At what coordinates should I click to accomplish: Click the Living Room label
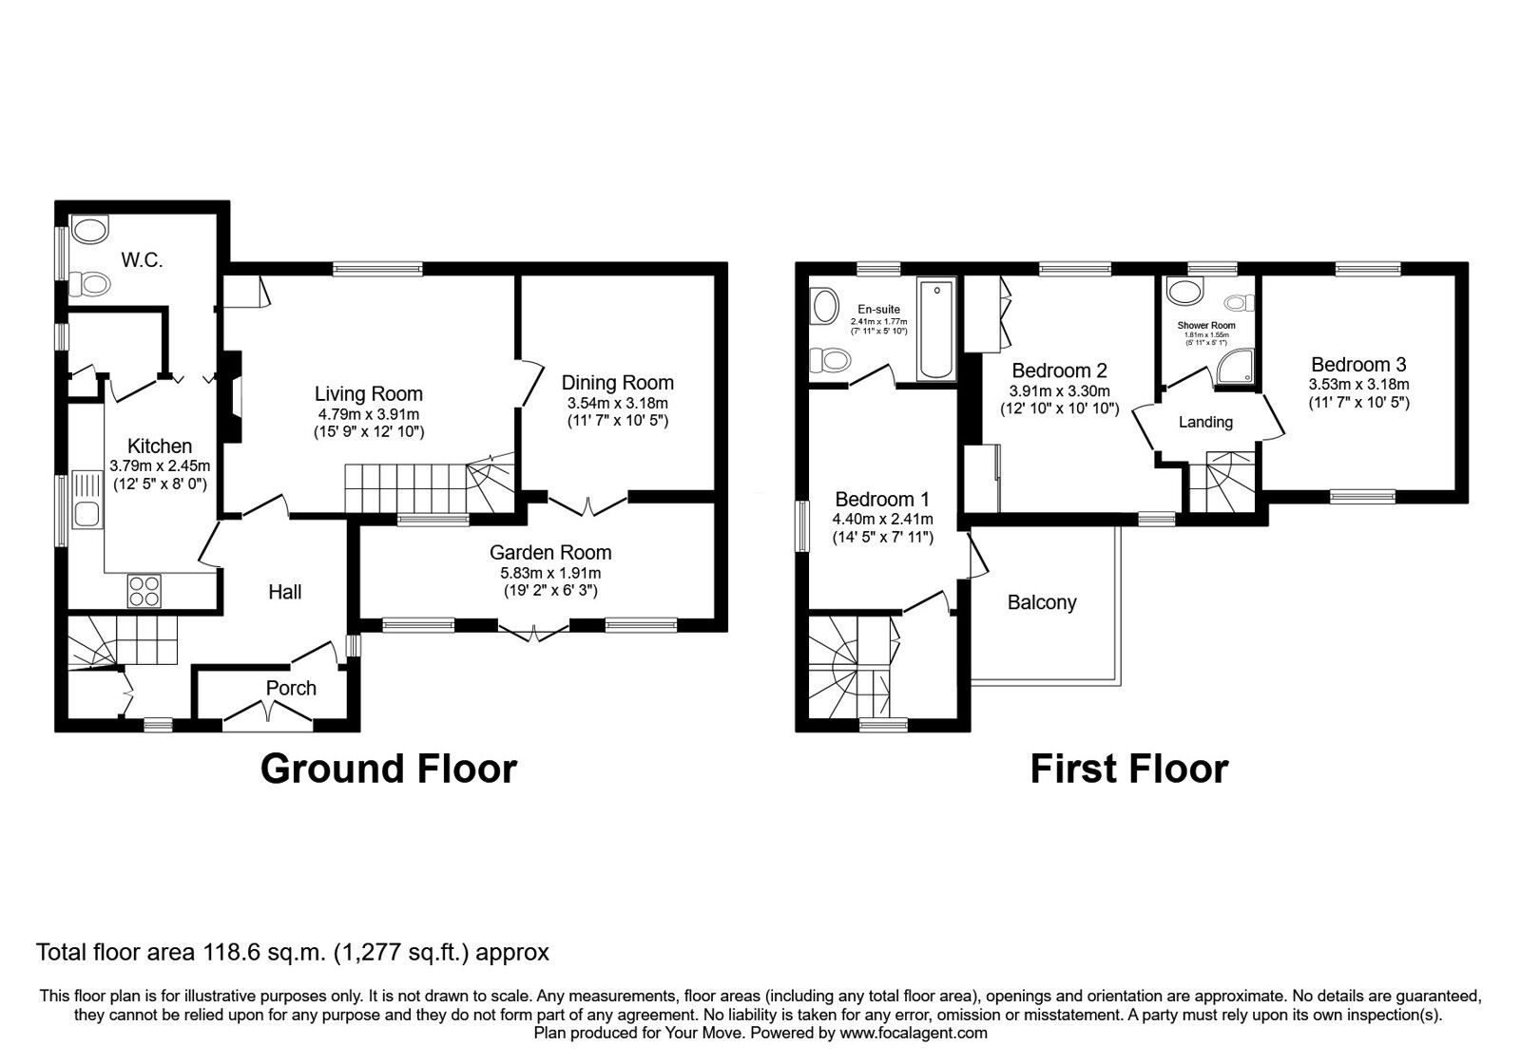tap(369, 393)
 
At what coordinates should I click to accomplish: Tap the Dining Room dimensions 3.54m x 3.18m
tap(617, 402)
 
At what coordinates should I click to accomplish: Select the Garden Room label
tap(550, 552)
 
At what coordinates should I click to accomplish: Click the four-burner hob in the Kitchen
tap(144, 592)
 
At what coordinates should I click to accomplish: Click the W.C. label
tap(141, 258)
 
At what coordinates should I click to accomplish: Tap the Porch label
tap(291, 688)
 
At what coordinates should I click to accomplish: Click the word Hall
tap(284, 592)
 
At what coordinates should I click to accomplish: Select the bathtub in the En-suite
tap(936, 330)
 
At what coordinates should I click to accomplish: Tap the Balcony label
tap(1042, 602)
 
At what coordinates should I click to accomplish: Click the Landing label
tap(1205, 422)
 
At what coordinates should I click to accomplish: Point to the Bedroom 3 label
tap(1358, 364)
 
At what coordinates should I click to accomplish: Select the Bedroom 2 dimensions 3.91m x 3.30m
tap(1059, 390)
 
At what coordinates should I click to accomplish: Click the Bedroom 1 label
tap(882, 499)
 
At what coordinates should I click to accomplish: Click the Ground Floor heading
tap(388, 768)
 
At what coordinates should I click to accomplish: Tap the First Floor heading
tap(1128, 768)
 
